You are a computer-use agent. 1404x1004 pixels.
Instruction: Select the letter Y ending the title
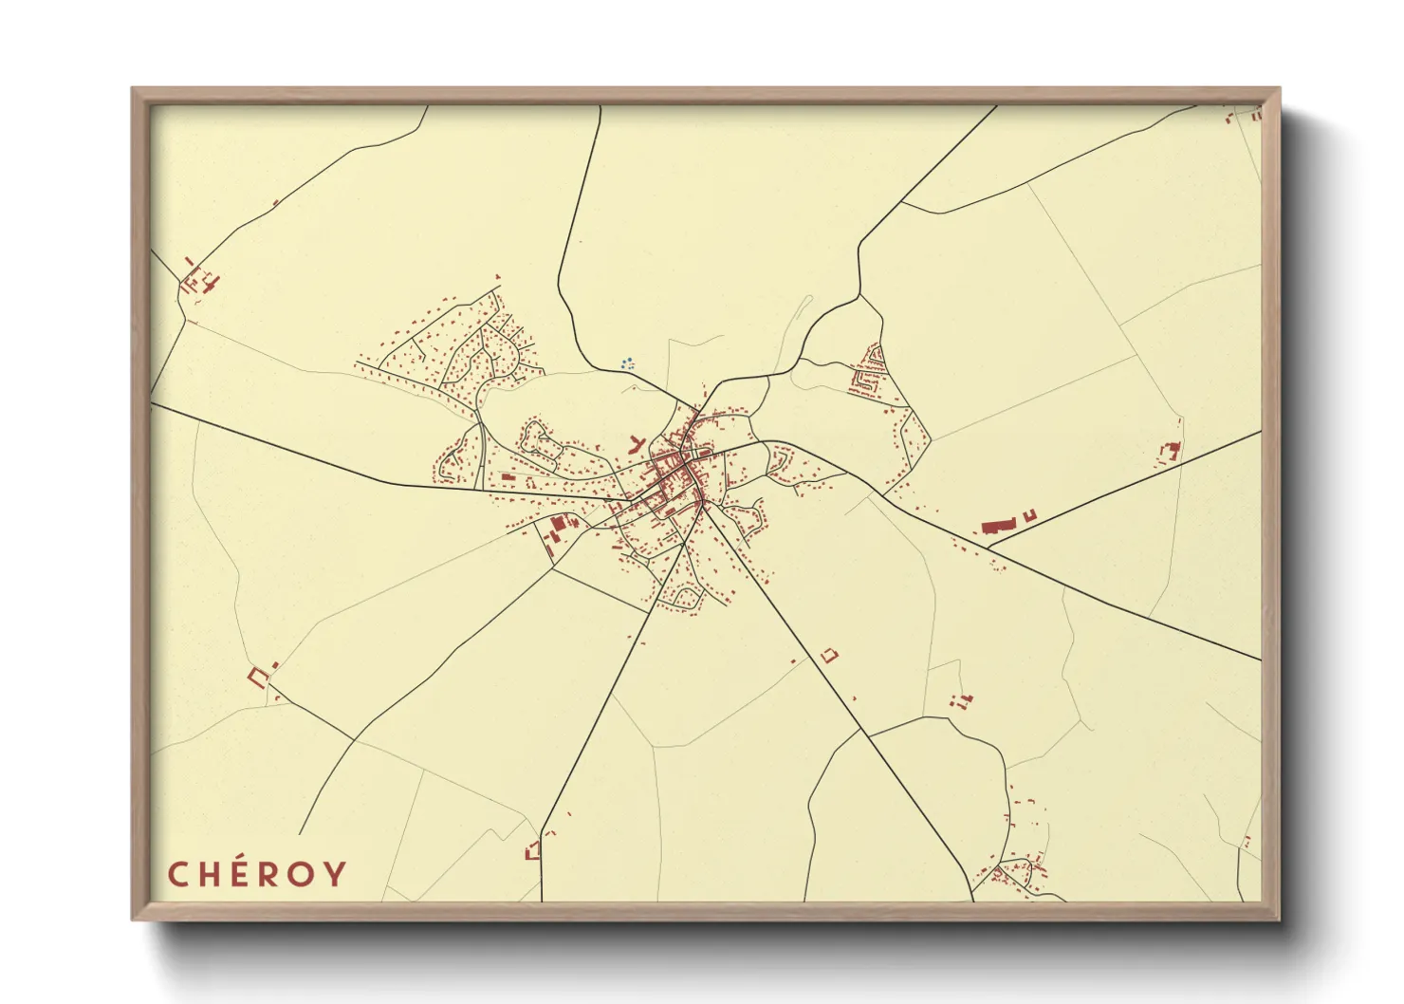(335, 874)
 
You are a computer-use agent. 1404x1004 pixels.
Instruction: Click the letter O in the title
(303, 874)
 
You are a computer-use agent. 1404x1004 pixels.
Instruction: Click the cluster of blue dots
(626, 363)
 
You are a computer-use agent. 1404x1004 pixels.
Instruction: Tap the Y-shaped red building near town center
(636, 442)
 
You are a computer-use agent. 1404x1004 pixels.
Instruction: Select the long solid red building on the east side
(998, 526)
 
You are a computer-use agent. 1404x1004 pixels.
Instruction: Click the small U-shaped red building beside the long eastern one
(1029, 515)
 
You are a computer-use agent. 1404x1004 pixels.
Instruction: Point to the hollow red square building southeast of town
(830, 655)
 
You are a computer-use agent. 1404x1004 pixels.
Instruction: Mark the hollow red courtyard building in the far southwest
(257, 676)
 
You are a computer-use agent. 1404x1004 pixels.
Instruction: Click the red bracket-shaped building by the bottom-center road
(532, 850)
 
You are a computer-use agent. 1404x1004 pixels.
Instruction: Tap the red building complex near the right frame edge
(1171, 451)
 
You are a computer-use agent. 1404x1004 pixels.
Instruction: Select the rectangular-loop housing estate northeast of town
(870, 370)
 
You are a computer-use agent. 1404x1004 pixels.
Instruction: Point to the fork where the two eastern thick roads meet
(987, 548)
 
